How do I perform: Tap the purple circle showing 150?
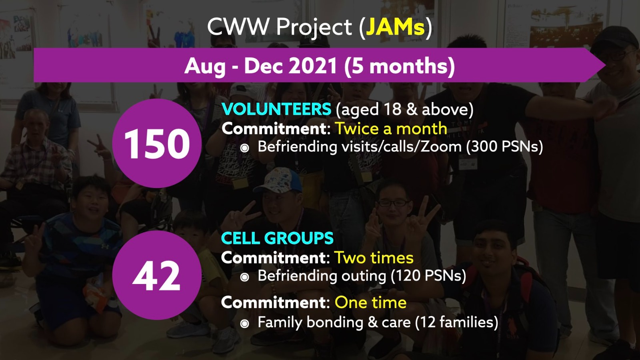(157, 144)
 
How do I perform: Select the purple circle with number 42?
(157, 275)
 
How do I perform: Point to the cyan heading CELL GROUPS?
(277, 238)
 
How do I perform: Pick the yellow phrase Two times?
(374, 258)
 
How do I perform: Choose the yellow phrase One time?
(370, 302)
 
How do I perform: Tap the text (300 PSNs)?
(504, 147)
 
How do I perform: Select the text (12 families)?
(456, 322)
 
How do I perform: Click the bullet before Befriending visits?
(244, 148)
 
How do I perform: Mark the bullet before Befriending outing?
(244, 277)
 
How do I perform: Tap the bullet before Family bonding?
(244, 324)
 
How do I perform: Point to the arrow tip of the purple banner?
(606, 65)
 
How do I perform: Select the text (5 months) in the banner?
(400, 66)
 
